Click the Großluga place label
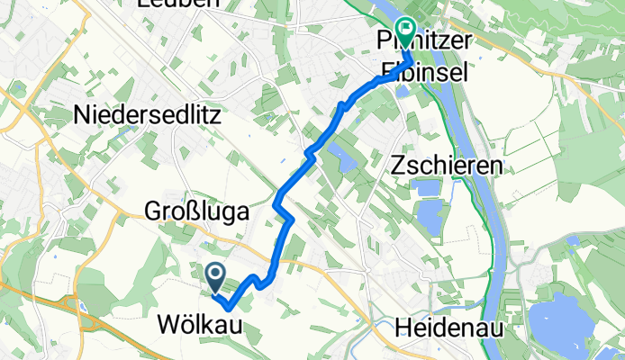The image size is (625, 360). click(196, 211)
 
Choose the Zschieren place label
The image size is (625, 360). click(447, 166)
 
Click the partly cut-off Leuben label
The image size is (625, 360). click(177, 4)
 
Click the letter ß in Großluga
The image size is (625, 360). click(189, 211)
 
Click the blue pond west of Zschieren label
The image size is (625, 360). click(346, 161)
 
